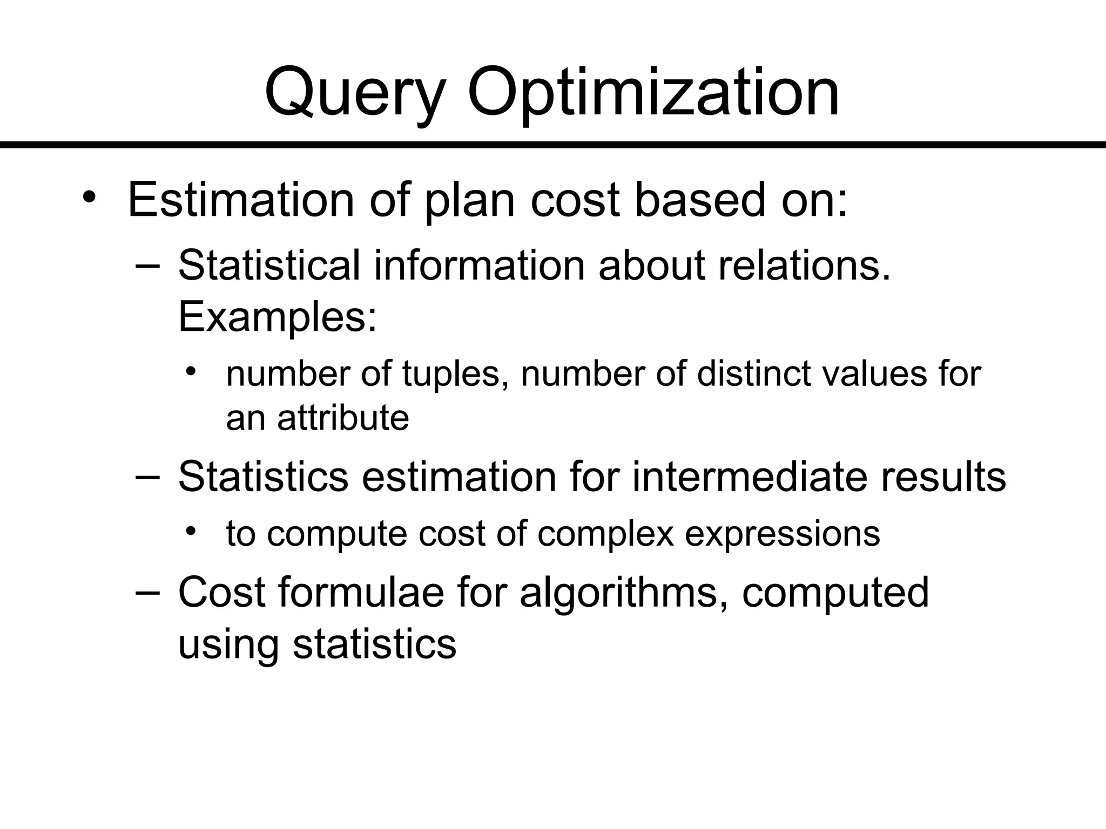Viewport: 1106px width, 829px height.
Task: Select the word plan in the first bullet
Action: point(469,201)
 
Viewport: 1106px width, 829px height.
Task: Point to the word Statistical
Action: point(268,266)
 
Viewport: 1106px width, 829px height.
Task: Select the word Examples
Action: point(276,317)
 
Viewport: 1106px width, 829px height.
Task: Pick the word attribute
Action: point(343,418)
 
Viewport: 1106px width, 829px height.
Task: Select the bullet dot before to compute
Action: point(190,532)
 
